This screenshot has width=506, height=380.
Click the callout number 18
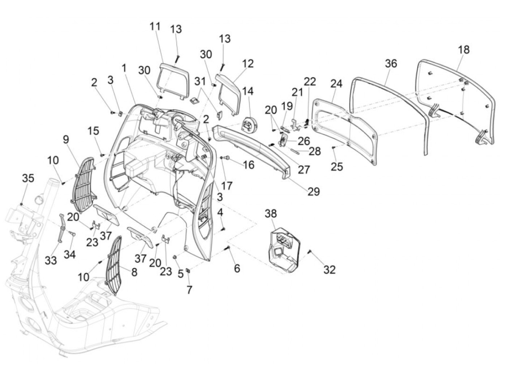[x=464, y=49]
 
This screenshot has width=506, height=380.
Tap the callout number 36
[x=391, y=64]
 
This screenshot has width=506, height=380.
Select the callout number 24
[x=336, y=83]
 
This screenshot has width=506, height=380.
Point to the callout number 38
[x=271, y=213]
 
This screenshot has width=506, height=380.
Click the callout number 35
[x=28, y=178]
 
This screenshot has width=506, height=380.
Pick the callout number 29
[x=314, y=191]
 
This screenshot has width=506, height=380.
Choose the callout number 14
[x=248, y=91]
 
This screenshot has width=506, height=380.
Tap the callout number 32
[x=329, y=269]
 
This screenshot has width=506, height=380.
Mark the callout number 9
[x=66, y=139]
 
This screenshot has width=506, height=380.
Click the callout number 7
[x=189, y=290]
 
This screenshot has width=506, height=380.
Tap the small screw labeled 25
[x=334, y=147]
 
